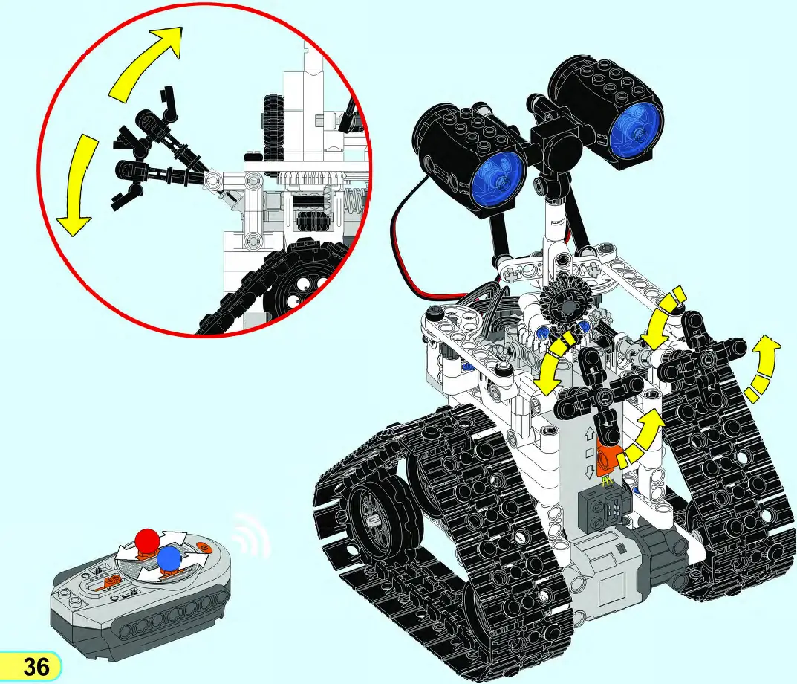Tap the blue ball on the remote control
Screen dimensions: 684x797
169,559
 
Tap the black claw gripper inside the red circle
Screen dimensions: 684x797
149,149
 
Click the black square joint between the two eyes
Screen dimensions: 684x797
552,149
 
